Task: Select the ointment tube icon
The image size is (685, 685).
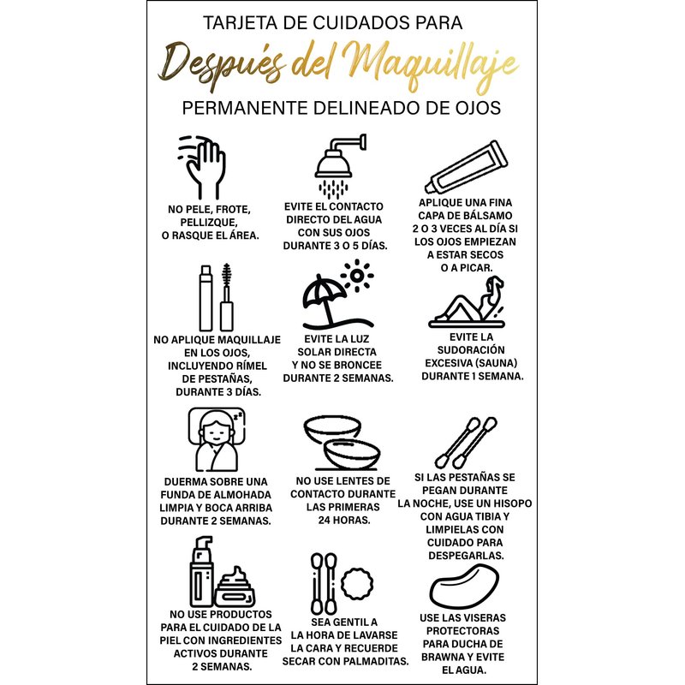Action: [x=467, y=166]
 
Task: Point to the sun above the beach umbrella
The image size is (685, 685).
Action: [x=357, y=276]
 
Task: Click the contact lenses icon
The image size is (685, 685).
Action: [x=342, y=442]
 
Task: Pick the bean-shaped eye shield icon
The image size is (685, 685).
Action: [x=464, y=586]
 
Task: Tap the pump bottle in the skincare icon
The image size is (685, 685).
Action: [x=201, y=571]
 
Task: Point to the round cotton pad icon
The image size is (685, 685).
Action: [x=358, y=584]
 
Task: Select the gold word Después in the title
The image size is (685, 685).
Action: [x=221, y=67]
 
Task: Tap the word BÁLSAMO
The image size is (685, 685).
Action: [x=488, y=216]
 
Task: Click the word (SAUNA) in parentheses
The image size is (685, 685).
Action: [x=496, y=363]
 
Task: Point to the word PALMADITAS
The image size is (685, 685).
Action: [x=374, y=661]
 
